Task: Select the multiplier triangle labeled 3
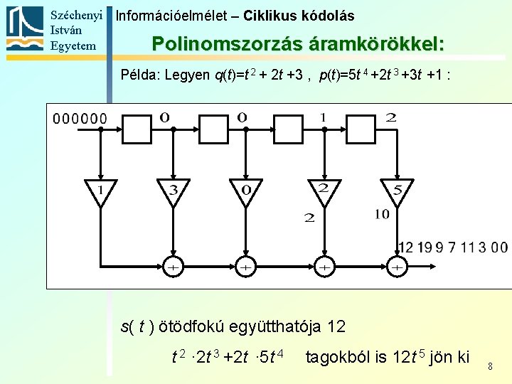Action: click(x=173, y=191)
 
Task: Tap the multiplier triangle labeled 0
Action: click(x=245, y=191)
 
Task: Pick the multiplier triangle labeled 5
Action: click(x=398, y=191)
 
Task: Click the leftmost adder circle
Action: click(x=173, y=267)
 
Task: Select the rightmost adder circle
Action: click(x=398, y=267)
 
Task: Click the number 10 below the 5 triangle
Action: click(x=382, y=213)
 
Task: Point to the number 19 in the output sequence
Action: click(x=425, y=247)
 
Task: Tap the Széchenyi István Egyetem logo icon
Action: click(x=25, y=29)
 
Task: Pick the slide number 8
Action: click(x=490, y=366)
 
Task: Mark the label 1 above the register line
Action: click(x=324, y=117)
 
